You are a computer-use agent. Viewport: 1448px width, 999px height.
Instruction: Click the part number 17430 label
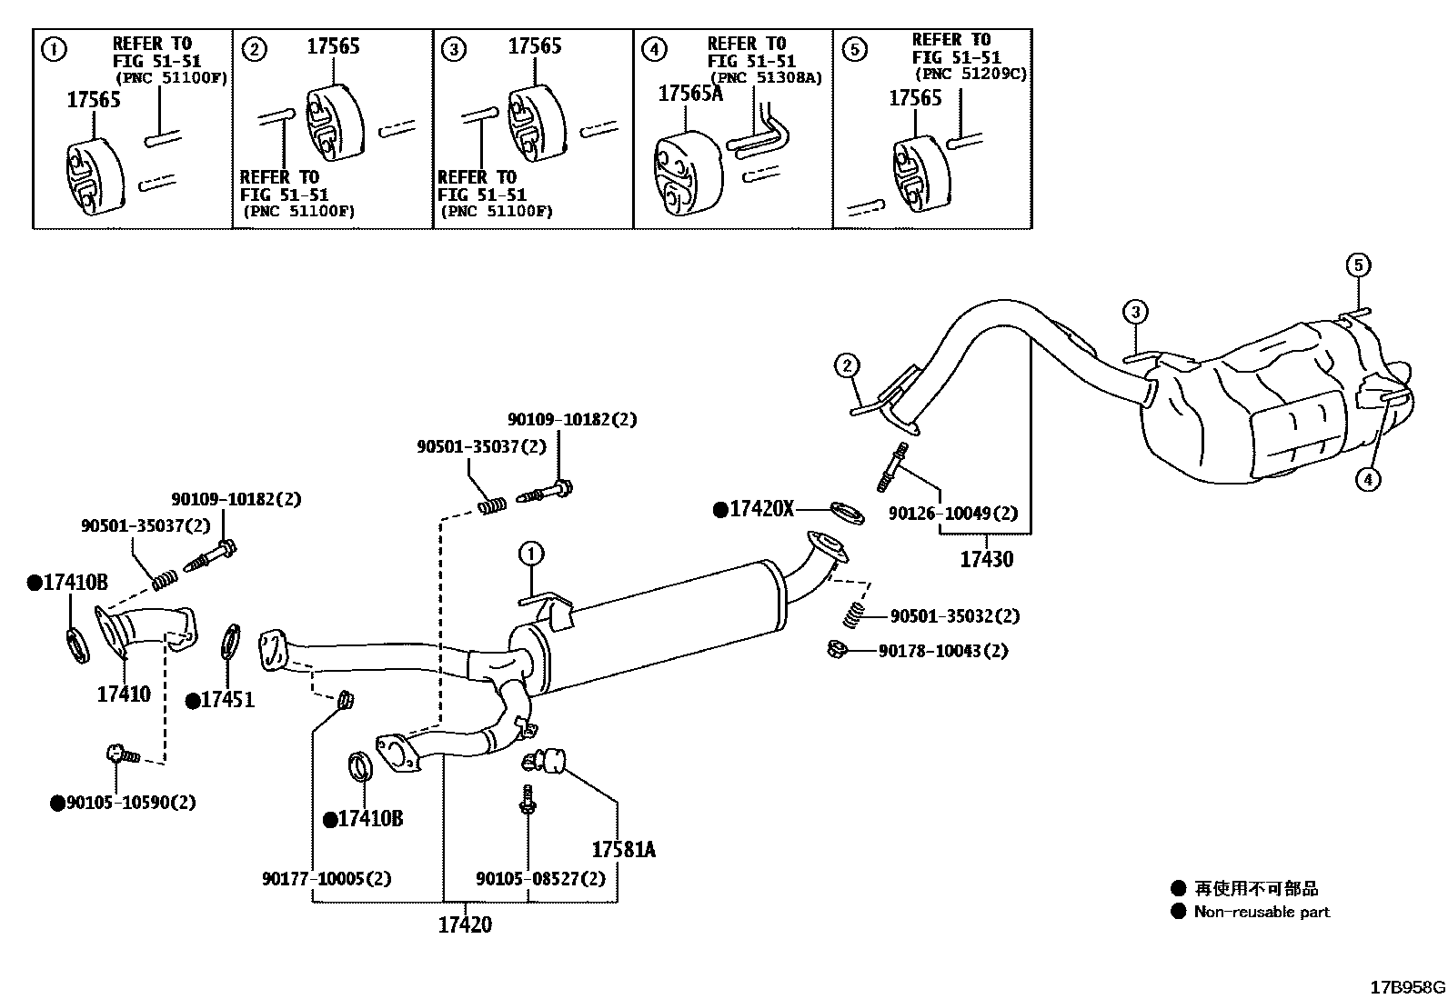point(986,559)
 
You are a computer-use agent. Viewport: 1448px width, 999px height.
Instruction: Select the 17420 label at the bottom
point(465,924)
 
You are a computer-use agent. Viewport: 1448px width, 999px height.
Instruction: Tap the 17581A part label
point(623,850)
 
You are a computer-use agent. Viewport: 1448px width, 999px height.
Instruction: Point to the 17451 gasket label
point(226,700)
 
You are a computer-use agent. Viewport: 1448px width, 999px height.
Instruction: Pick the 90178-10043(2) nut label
point(942,651)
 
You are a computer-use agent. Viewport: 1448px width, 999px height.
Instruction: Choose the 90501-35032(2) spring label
point(954,616)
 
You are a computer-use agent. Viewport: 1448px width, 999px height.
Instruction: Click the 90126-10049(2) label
point(952,514)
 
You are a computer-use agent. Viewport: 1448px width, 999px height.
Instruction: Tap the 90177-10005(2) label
point(327,878)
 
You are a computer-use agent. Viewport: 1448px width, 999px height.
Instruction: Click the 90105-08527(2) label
point(540,878)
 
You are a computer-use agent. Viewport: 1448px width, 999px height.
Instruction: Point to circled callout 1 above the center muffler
point(531,553)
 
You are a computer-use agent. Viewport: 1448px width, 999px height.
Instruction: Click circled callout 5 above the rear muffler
point(1357,265)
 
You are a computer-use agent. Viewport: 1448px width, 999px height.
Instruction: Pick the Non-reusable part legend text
point(1261,912)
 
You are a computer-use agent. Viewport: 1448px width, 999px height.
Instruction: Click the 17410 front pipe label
point(124,694)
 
